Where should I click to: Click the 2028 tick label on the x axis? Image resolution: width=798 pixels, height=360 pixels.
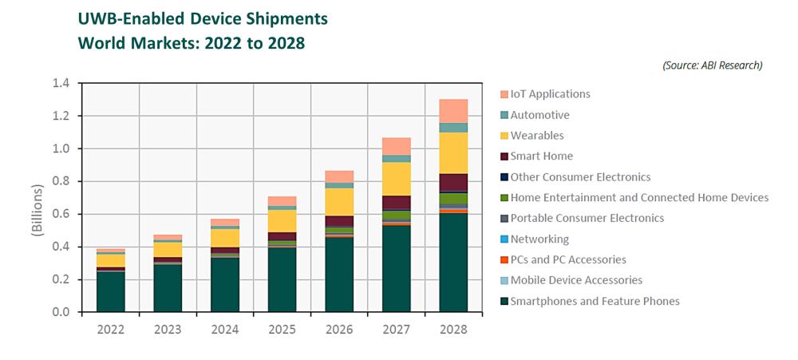point(454,329)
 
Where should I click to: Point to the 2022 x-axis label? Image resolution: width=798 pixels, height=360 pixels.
point(111,329)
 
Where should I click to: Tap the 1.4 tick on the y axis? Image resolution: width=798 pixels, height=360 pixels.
point(61,83)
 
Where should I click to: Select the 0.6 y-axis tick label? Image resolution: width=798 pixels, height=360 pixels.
point(61,214)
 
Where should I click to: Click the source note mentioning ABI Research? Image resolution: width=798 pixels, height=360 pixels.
point(712,65)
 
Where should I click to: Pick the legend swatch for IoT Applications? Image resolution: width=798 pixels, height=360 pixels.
point(504,94)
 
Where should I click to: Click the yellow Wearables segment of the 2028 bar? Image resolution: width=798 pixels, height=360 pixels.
point(453,152)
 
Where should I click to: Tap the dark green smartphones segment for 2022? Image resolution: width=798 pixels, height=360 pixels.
point(111,291)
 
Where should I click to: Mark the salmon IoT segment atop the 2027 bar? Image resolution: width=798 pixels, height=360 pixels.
point(397,146)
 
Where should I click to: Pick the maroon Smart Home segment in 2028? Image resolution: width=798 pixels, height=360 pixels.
point(453,183)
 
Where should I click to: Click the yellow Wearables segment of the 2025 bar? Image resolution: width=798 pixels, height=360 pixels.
point(282,220)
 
